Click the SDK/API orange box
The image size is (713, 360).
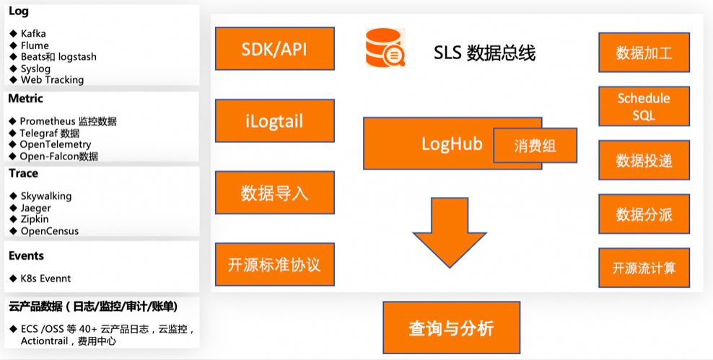click(275, 48)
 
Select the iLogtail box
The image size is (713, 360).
click(275, 120)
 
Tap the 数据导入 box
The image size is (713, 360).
click(275, 193)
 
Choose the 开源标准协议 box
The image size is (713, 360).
click(275, 264)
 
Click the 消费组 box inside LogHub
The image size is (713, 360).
click(535, 145)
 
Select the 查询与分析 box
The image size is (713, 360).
click(450, 328)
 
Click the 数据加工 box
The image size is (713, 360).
click(644, 53)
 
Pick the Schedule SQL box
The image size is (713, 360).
click(644, 107)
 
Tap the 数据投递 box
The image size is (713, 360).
click(644, 160)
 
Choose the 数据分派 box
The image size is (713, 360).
click(644, 214)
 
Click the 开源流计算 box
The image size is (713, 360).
click(644, 268)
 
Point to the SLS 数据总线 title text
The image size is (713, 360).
click(484, 53)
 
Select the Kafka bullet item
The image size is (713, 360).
click(33, 34)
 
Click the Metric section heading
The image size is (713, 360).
click(26, 98)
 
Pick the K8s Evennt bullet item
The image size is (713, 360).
click(45, 278)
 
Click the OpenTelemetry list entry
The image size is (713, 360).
click(55, 144)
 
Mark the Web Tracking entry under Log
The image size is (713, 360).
click(51, 80)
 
